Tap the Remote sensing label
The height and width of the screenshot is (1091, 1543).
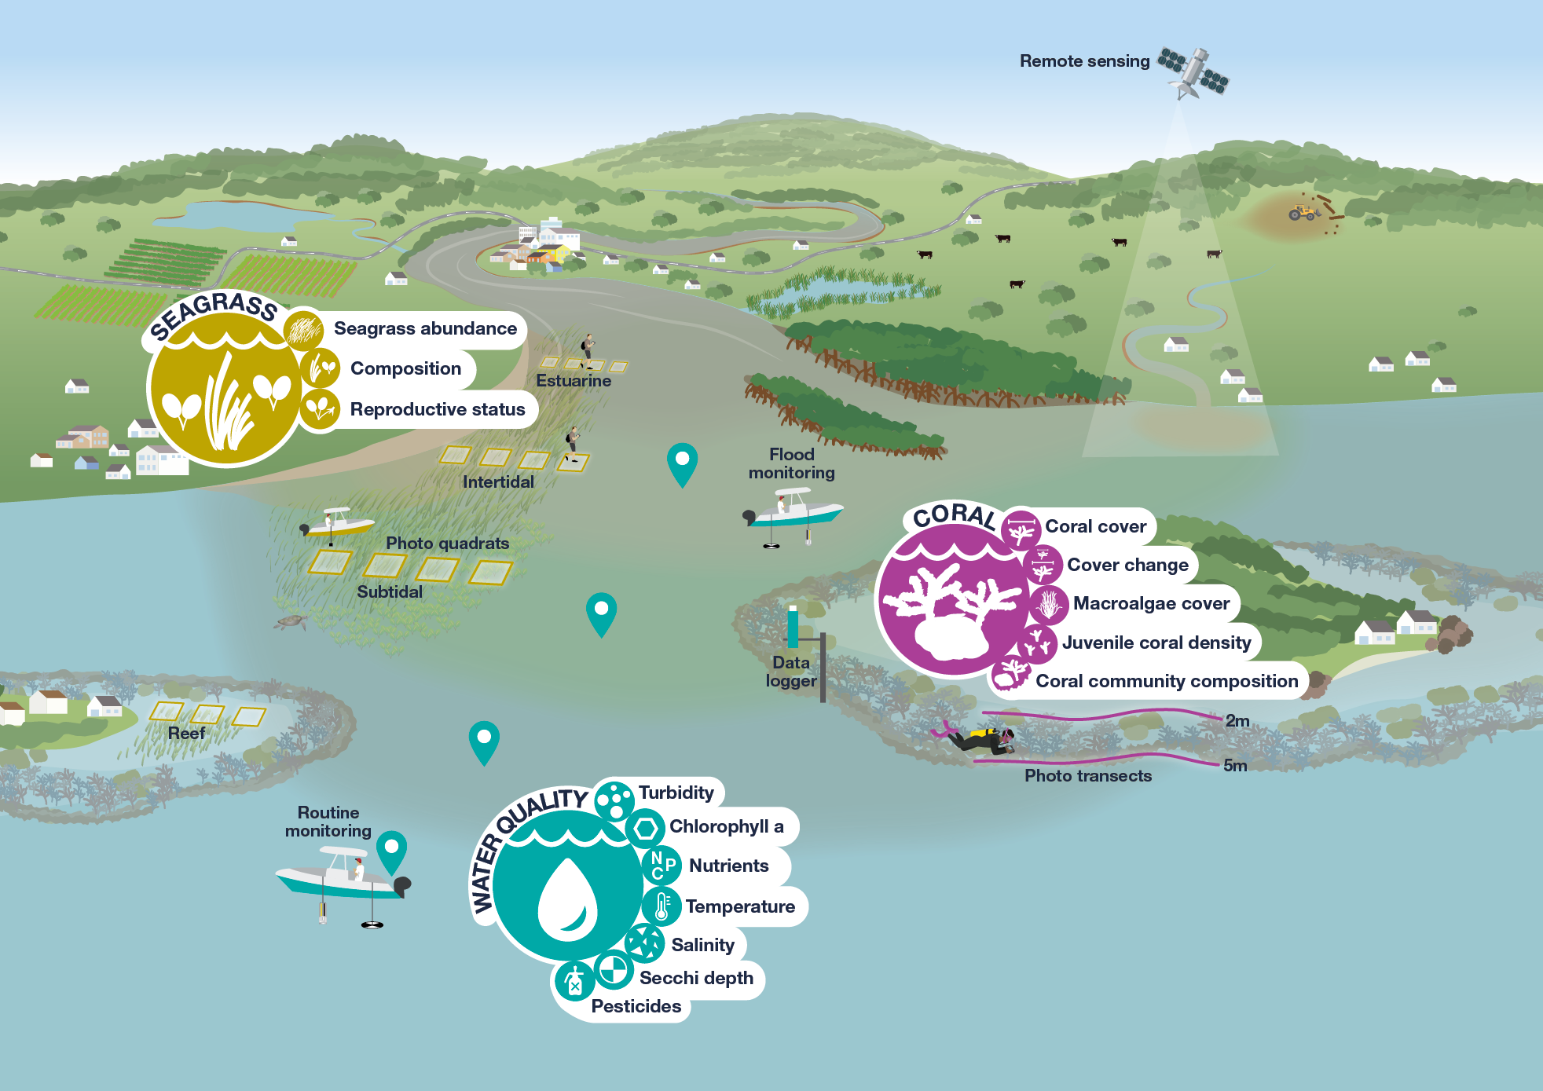[x=1084, y=61]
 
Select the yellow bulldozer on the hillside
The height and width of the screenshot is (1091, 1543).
[x=1303, y=212]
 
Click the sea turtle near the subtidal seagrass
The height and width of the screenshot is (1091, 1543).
[x=291, y=622]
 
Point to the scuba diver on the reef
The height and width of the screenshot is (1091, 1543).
[x=982, y=738]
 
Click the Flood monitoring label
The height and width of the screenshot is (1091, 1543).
[x=791, y=463]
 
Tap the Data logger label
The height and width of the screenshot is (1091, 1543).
[x=791, y=672]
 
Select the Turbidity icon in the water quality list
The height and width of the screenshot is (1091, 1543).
[x=614, y=800]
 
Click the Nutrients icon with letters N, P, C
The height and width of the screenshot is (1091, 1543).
[x=662, y=865]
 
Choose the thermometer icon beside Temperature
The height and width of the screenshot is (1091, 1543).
[x=662, y=906]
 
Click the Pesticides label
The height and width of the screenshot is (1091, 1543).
[x=636, y=1006]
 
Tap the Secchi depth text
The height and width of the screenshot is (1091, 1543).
[x=696, y=978]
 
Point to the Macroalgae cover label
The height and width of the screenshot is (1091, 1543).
[x=1151, y=603]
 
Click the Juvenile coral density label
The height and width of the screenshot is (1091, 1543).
[x=1156, y=643]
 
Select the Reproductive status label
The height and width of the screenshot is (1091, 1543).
[x=438, y=409]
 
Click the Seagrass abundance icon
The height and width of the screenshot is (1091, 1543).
[x=303, y=330]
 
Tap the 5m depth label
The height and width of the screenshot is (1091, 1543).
[x=1235, y=766]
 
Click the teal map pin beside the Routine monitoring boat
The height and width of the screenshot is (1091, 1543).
[x=391, y=851]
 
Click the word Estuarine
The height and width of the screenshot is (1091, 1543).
[x=574, y=381]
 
